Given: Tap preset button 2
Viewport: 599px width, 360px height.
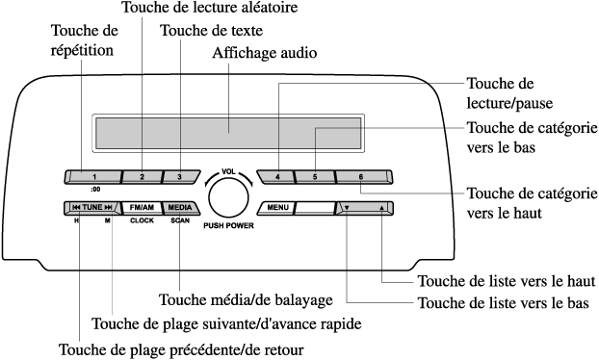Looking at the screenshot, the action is tap(143, 177).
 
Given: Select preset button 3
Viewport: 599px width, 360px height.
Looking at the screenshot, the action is tap(181, 177).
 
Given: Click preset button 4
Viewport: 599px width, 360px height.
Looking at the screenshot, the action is tap(275, 177).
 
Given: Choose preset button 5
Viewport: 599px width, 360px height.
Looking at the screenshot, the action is tap(315, 177).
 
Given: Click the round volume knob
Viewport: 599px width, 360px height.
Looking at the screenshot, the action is tap(228, 198).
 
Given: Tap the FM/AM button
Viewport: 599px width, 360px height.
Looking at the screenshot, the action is tap(142, 208).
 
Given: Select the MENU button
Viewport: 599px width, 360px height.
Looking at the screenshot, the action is tap(276, 208).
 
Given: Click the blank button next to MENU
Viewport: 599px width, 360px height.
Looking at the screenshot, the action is tap(315, 208).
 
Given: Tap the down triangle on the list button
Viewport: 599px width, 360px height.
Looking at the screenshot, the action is tap(347, 208).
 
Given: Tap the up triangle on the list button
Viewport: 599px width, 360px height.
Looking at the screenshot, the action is tap(381, 208).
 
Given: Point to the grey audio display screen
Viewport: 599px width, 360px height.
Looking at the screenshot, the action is tap(228, 133).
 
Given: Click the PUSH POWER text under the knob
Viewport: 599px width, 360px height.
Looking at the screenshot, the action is tap(228, 225).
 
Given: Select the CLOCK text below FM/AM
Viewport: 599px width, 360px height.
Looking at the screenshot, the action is tap(142, 220).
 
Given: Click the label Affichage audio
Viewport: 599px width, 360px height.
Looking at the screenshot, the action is tap(265, 53).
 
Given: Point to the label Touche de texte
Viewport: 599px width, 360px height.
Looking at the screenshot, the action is tap(211, 31).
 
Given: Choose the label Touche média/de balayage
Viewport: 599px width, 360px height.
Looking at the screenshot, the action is tap(246, 300).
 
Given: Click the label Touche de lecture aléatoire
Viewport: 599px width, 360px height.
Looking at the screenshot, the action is tap(210, 7).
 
